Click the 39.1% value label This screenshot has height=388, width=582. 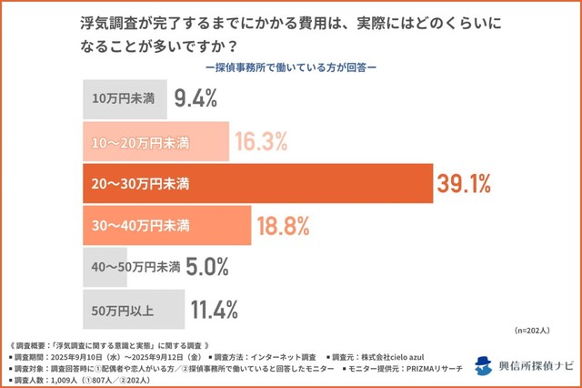[x=465, y=184]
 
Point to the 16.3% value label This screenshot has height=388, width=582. [x=261, y=142]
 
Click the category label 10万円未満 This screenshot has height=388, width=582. [x=122, y=99]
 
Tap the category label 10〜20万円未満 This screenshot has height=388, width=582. [x=139, y=142]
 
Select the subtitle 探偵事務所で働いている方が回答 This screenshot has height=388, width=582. [x=291, y=67]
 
